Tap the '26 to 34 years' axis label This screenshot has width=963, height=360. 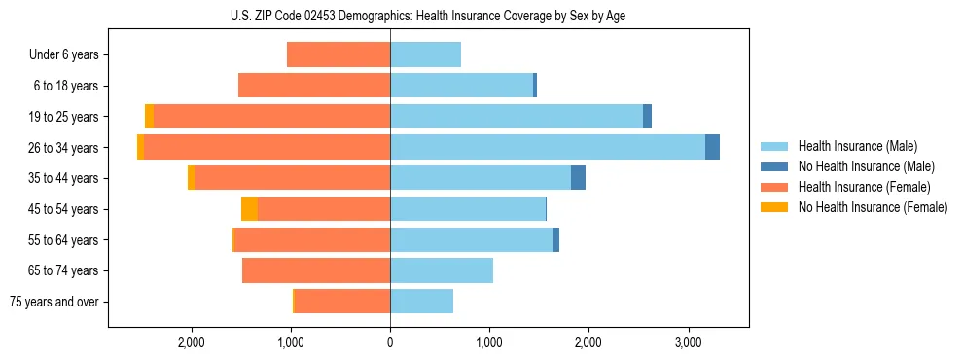click(65, 148)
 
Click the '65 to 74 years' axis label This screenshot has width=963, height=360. click(65, 270)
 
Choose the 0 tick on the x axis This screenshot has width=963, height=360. click(390, 342)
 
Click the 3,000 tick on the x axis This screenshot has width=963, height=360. click(688, 342)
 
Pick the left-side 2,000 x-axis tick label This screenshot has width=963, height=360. click(192, 342)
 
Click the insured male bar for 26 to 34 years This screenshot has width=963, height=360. click(547, 147)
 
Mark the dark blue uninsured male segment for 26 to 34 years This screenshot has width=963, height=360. click(712, 147)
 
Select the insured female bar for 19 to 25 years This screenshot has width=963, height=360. click(271, 116)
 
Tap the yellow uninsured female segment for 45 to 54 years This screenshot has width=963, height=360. click(249, 209)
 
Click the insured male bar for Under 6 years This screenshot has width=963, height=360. click(425, 54)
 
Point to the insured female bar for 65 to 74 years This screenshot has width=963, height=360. click(316, 270)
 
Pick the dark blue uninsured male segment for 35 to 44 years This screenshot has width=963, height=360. click(578, 178)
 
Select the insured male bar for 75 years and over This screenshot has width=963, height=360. click(421, 302)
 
